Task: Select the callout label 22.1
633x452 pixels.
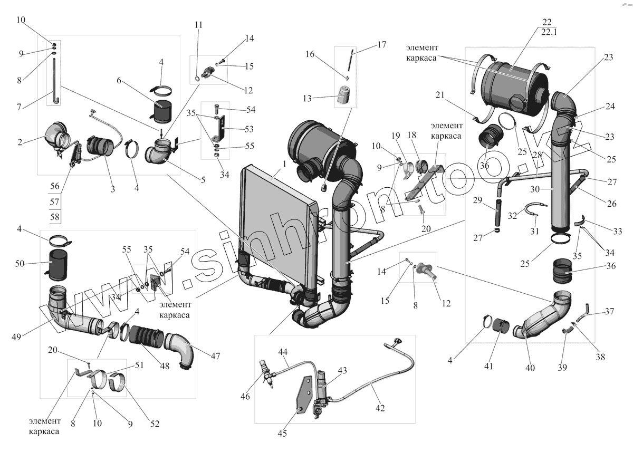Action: [549, 32]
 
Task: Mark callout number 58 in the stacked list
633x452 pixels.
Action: [55, 217]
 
